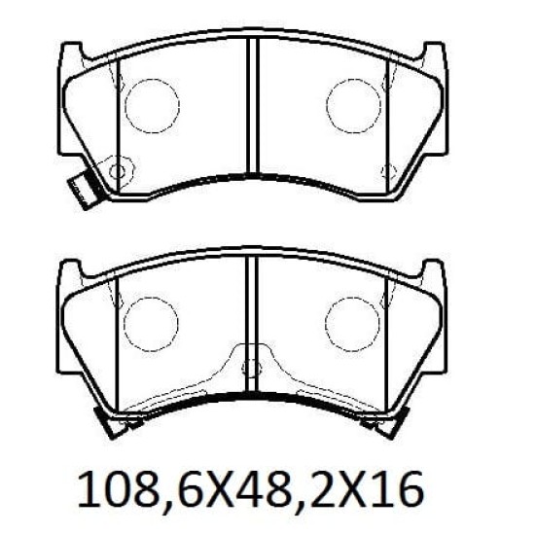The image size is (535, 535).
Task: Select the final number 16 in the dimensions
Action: click(x=404, y=489)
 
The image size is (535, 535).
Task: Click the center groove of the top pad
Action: click(x=253, y=106)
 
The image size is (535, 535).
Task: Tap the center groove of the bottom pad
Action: click(x=252, y=324)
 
